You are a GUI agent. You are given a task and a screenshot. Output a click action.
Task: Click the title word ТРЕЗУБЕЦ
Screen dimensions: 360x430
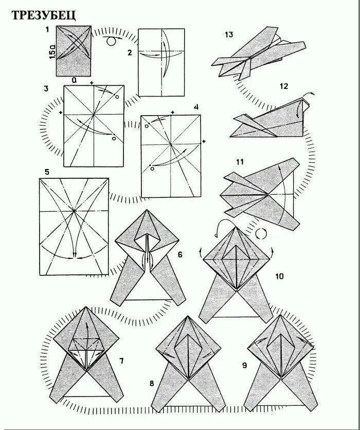[x=44, y=15]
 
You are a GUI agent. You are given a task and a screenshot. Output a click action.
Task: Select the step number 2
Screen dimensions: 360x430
[x=130, y=53]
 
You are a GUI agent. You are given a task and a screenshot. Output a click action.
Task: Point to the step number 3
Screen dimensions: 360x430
[x=46, y=89]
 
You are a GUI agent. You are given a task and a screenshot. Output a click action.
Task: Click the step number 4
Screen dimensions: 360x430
[x=196, y=107]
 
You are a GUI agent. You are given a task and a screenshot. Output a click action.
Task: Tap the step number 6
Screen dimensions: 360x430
[x=180, y=255]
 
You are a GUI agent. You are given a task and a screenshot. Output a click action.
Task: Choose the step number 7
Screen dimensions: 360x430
[x=121, y=361]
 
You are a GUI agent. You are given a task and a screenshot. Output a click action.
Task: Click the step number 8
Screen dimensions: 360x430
[x=152, y=383]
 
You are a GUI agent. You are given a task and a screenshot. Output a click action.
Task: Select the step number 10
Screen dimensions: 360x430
[x=279, y=276]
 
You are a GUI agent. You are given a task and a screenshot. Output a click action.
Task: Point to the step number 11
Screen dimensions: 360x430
[x=240, y=162]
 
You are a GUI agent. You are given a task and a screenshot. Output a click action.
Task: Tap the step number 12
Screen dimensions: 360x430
[x=283, y=86]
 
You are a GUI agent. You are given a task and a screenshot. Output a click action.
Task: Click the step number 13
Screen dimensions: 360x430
[x=229, y=34]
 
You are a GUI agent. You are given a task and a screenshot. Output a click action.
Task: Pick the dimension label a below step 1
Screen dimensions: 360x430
[x=74, y=80]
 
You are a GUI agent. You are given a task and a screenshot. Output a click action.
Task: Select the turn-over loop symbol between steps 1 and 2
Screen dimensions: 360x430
[x=110, y=41]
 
